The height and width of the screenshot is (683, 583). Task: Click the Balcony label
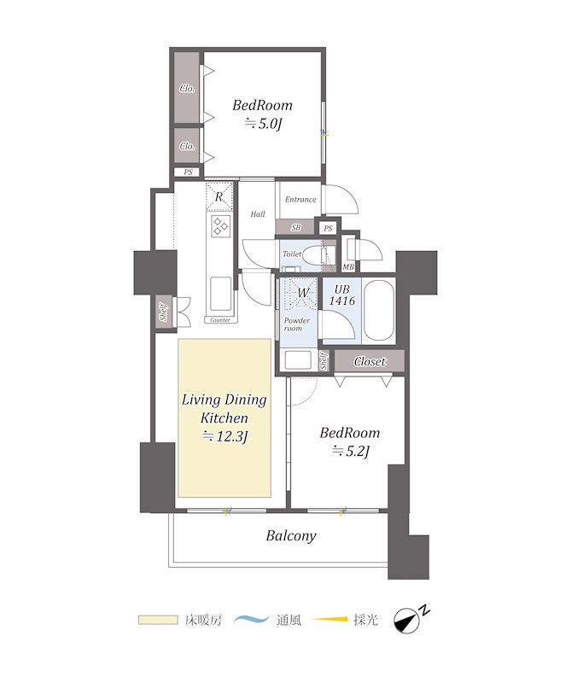coord(291,536)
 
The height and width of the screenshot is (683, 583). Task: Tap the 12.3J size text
coord(225,436)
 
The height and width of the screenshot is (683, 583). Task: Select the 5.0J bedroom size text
coord(263,124)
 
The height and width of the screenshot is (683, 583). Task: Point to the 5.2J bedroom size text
coord(351,452)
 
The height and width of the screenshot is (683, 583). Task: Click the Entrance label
coord(300,200)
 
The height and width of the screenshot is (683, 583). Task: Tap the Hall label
coord(258,214)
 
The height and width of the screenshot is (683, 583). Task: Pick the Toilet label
coord(292,254)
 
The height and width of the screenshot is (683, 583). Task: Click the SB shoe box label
coord(295,227)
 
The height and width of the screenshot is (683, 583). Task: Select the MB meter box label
coord(348,267)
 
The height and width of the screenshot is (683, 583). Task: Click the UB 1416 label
coord(341,295)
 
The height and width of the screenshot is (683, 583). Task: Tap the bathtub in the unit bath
coord(378,310)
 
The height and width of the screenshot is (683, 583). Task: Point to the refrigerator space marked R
coord(219,197)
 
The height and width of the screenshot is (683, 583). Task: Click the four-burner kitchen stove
coord(221,226)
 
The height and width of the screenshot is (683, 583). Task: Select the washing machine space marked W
coord(303,293)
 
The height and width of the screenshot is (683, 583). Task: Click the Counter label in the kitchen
coord(220,320)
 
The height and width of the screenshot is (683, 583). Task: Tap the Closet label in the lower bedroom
coord(370,361)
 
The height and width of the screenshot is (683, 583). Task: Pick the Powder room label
coord(296,324)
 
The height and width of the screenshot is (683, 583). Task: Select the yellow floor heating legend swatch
coord(158,620)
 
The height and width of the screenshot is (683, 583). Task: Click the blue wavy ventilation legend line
coord(251,619)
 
